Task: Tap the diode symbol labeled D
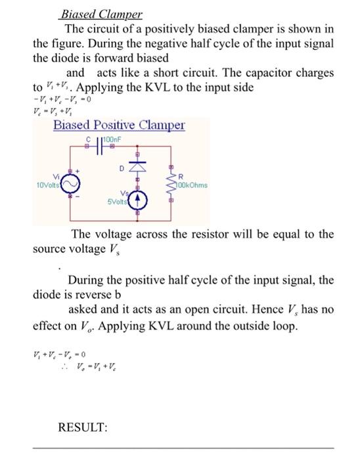click(x=138, y=170)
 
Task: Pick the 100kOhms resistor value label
click(x=192, y=185)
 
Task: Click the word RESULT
click(x=83, y=427)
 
